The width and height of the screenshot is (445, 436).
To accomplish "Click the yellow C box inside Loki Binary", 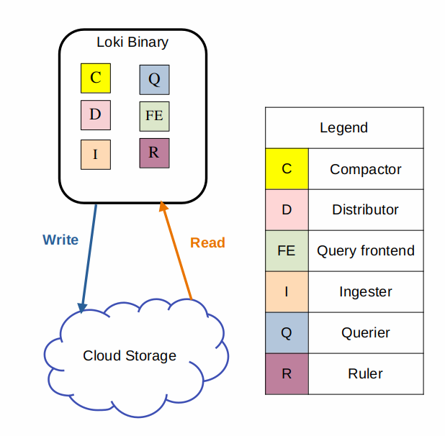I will point(96,78).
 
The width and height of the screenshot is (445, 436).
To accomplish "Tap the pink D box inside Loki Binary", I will point(96,115).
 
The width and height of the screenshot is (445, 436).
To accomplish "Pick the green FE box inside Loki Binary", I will point(154,116).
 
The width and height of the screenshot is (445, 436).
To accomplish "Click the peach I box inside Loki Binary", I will point(96,154).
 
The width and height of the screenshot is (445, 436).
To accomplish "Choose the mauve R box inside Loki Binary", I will point(154,153).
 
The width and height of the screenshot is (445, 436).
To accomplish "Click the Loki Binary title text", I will point(132,42).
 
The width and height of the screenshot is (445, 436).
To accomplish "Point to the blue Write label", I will point(60,240).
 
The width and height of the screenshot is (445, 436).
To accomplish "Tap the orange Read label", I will point(207,242).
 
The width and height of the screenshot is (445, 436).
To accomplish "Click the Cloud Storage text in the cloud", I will point(130,355).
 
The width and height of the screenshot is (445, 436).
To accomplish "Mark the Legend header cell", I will point(343,128).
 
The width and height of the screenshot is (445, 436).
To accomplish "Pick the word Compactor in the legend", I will point(365,169).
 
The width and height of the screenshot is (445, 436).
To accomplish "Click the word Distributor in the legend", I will point(365,210).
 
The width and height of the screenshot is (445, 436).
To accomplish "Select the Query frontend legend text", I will point(365,251).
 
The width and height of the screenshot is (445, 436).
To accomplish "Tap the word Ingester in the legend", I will point(365,292).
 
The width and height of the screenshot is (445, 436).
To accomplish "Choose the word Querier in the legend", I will point(365,333).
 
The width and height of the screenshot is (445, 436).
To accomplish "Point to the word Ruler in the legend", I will point(365,374).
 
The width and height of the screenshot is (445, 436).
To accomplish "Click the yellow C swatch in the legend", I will point(287,169).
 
